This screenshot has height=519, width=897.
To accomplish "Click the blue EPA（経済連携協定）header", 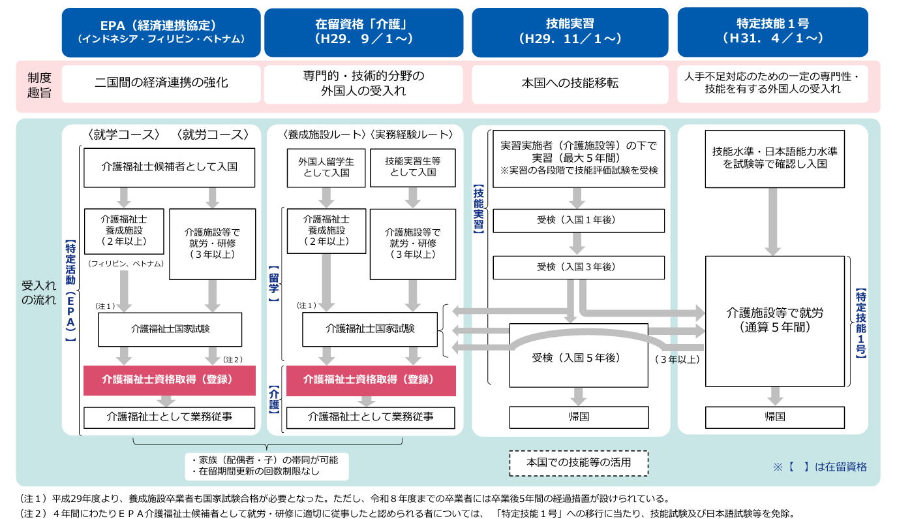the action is pos(161,33).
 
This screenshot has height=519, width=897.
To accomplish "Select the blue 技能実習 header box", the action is pos(570,33).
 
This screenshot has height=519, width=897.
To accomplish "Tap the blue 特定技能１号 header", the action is pos(772,32).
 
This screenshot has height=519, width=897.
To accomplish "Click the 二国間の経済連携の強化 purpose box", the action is pos(161,84).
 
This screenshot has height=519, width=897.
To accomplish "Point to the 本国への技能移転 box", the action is pos(570,84).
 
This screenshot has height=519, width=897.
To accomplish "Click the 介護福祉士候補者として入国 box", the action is pos(169,168).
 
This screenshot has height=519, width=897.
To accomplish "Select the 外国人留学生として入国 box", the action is pos(326,168).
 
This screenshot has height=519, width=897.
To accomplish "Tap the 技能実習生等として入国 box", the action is pos(412,168).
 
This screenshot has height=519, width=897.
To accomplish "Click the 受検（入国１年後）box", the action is pos(579,221).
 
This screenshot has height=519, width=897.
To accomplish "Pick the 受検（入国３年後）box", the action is pos(579,267).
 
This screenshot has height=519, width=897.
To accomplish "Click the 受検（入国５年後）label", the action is pos(576,358).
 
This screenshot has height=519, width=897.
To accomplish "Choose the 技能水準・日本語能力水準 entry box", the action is pos(774,159).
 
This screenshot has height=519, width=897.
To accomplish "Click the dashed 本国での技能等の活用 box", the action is pos(579,463).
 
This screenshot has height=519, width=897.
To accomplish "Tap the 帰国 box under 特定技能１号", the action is pos(774,417).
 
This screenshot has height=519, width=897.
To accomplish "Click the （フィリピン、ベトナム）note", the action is pos(126,264).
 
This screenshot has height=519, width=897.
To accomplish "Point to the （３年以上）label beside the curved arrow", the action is pos(677,360).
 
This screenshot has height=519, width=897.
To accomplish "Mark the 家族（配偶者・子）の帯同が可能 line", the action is pos(265,460).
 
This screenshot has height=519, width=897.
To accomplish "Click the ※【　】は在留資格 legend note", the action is pos(820,467).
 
